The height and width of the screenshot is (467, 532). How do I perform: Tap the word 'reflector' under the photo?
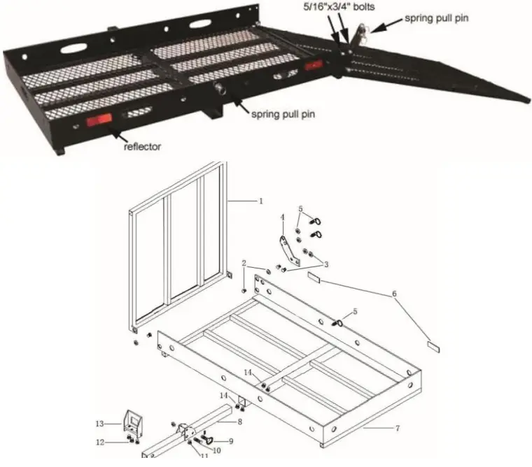pos(143,147)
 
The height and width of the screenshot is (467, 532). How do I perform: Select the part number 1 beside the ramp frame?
pos(261,201)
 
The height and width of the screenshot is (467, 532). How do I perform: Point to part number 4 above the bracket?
pos(283,217)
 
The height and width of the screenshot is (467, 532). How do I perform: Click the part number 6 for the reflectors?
pos(394,294)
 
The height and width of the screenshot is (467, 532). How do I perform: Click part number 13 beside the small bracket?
pos(100,424)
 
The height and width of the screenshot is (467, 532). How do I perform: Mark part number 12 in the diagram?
pos(100,441)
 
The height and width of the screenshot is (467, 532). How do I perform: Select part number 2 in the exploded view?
pos(244,263)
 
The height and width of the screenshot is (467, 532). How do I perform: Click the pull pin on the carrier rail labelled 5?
pos(339,322)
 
